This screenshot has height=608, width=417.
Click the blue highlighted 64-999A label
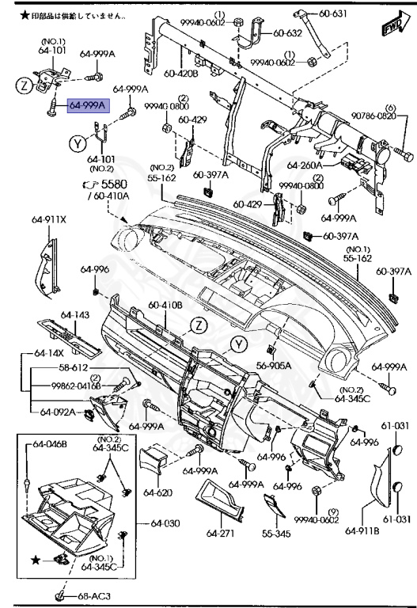(x=87, y=104)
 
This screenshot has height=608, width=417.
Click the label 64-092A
(x=58, y=411)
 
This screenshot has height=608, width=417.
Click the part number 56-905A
(x=273, y=366)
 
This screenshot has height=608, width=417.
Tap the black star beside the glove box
(x=34, y=560)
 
